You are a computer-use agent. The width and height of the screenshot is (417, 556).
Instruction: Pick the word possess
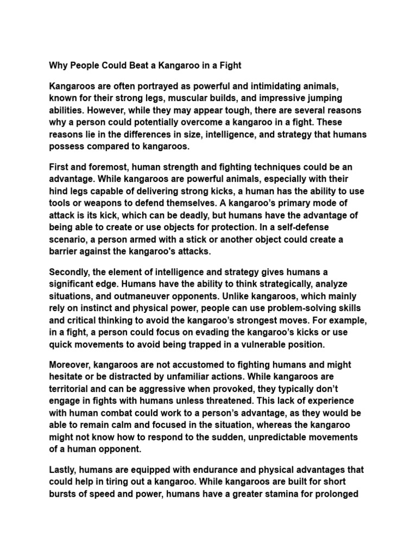pos(67,146)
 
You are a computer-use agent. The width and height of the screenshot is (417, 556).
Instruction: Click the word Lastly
pos(64,469)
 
